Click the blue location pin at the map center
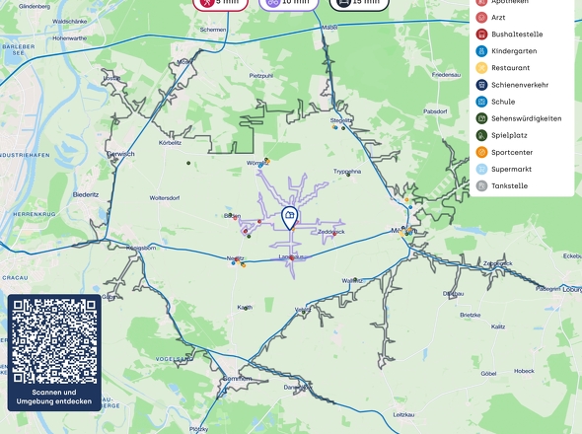[289, 217]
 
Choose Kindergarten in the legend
[513, 51]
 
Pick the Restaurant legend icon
[481, 68]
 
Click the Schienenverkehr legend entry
[518, 85]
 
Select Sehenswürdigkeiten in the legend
[525, 118]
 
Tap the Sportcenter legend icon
[481, 152]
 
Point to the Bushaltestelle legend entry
[516, 35]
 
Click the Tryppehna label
[347, 171]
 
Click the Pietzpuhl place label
[260, 75]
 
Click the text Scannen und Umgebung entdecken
[54, 397]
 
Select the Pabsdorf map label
[435, 111]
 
